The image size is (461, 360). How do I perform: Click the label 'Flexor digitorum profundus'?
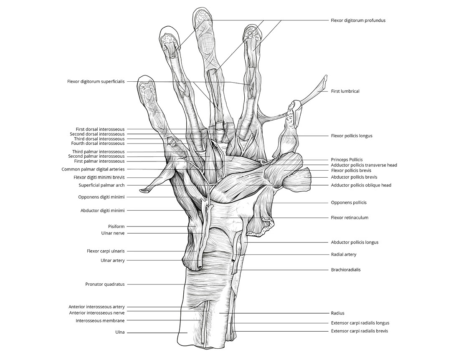(358, 20)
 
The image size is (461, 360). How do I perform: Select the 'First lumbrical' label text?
(345, 91)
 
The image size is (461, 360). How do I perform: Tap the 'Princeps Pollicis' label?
(347, 159)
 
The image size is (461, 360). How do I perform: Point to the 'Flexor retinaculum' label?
(349, 217)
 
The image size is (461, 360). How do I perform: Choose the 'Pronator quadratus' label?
(105, 284)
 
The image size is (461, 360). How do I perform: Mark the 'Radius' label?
(337, 313)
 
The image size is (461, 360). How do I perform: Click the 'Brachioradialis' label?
(345, 269)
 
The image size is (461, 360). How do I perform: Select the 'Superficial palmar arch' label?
(101, 185)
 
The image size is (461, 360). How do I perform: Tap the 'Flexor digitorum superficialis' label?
(96, 81)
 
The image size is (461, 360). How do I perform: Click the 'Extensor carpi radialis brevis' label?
(360, 331)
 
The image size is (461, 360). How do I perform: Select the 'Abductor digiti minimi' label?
(102, 211)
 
